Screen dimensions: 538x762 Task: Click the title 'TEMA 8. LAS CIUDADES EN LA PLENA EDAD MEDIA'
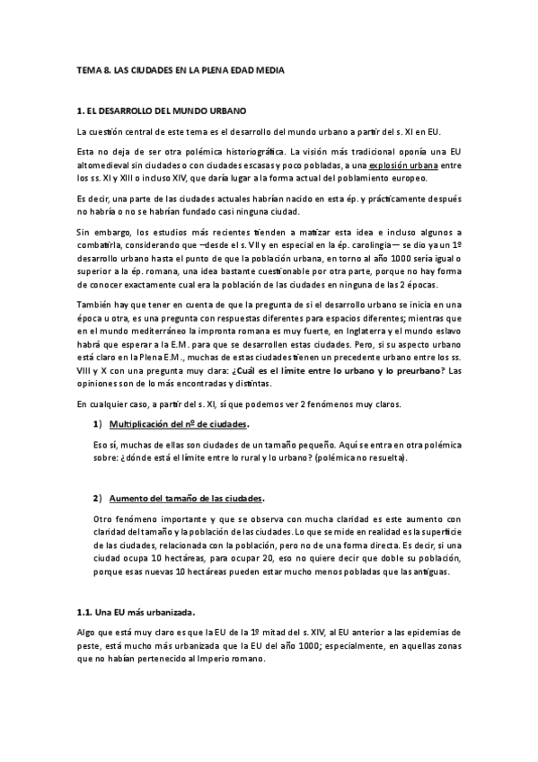(181, 69)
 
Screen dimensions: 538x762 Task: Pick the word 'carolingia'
(357, 245)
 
